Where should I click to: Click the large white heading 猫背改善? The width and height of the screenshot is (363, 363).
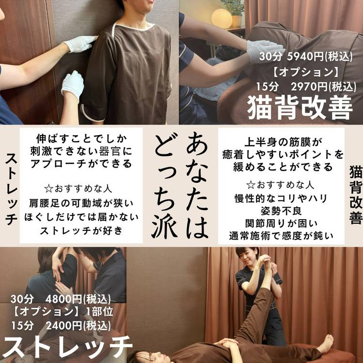(x=300, y=108)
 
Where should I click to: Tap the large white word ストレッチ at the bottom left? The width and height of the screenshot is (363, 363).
(x=67, y=347)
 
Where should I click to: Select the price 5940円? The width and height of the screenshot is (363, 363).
(x=305, y=56)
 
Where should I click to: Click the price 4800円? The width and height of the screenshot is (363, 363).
(x=64, y=299)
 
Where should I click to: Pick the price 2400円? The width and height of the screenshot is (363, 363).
(x=64, y=326)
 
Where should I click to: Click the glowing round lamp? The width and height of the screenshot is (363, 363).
(x=222, y=18)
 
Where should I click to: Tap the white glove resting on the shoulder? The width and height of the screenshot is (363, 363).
(x=80, y=44)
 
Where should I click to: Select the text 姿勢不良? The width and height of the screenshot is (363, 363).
(x=281, y=211)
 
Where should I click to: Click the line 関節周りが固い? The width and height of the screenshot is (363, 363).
(x=281, y=224)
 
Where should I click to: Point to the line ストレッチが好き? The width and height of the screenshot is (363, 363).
(x=81, y=230)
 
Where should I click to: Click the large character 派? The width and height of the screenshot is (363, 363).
(x=165, y=226)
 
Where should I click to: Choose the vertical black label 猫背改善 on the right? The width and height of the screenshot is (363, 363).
(x=356, y=195)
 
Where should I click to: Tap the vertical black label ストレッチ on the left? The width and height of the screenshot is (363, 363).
(x=11, y=189)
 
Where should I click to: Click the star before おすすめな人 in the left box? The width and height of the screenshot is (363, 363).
(x=48, y=189)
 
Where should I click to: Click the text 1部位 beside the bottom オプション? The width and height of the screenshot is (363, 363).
(x=100, y=312)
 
